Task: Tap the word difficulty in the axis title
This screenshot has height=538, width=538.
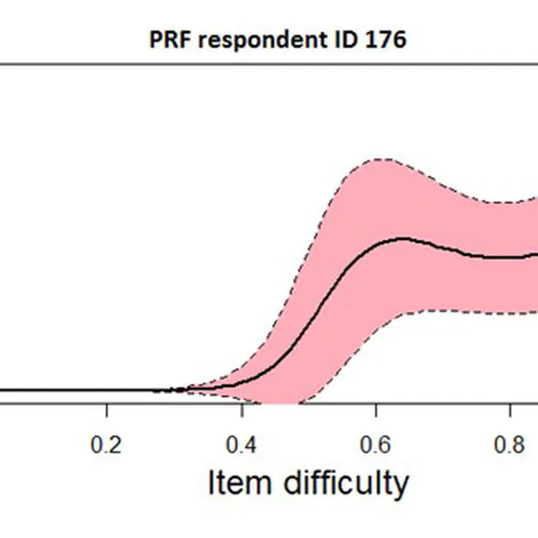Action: point(345,485)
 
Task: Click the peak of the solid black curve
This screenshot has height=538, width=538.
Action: point(402,238)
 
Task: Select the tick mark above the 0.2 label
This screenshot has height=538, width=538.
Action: point(106,410)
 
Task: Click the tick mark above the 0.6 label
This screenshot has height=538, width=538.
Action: point(375,410)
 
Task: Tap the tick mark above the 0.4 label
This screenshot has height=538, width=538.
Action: point(241,410)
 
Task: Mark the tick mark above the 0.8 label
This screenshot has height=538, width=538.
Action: point(510,410)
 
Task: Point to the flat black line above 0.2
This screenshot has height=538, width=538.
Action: point(106,390)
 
